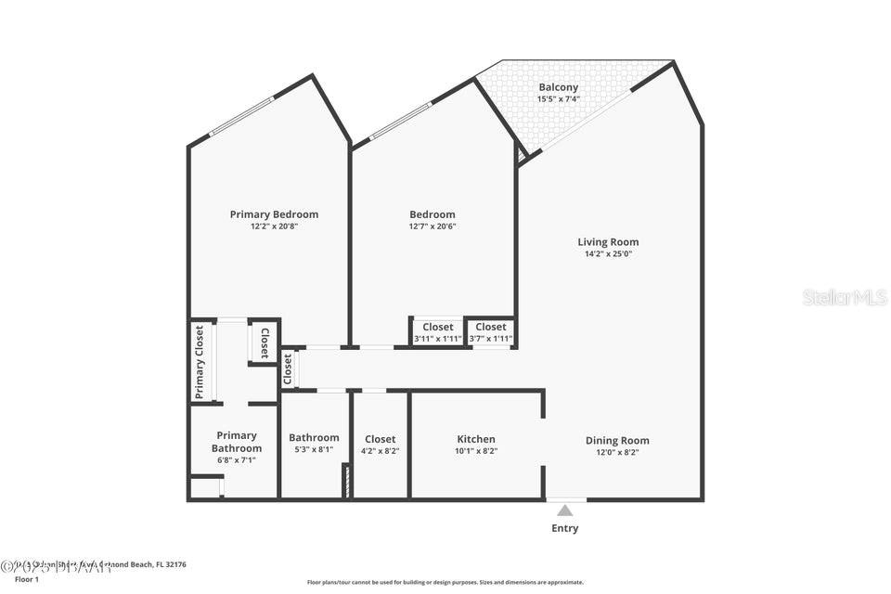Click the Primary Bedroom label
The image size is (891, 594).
pyautogui.click(x=274, y=214)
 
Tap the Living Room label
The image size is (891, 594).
pyautogui.click(x=608, y=242)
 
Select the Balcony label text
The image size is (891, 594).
pyautogui.click(x=558, y=87)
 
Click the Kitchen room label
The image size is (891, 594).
pyautogui.click(x=476, y=439)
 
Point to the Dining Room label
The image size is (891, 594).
pyautogui.click(x=617, y=441)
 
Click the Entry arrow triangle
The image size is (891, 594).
pyautogui.click(x=565, y=510)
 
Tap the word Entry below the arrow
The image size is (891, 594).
pyautogui.click(x=564, y=528)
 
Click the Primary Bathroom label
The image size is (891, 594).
pyautogui.click(x=237, y=442)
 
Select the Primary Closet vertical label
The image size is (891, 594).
pyautogui.click(x=200, y=362)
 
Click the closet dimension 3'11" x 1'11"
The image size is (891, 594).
pyautogui.click(x=437, y=339)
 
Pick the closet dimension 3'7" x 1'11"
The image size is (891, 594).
pyautogui.click(x=491, y=339)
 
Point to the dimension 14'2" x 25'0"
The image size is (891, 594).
pyautogui.click(x=608, y=254)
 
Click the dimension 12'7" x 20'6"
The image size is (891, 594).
pyautogui.click(x=433, y=226)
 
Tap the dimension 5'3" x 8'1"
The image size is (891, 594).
pyautogui.click(x=314, y=449)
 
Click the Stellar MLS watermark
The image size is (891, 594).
pyautogui.click(x=845, y=297)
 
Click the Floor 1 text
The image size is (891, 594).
pyautogui.click(x=27, y=579)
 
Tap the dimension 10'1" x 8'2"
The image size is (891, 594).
pyautogui.click(x=476, y=451)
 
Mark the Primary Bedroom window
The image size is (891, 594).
pyautogui.click(x=242, y=117)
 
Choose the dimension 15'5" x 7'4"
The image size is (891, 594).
pyautogui.click(x=558, y=98)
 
